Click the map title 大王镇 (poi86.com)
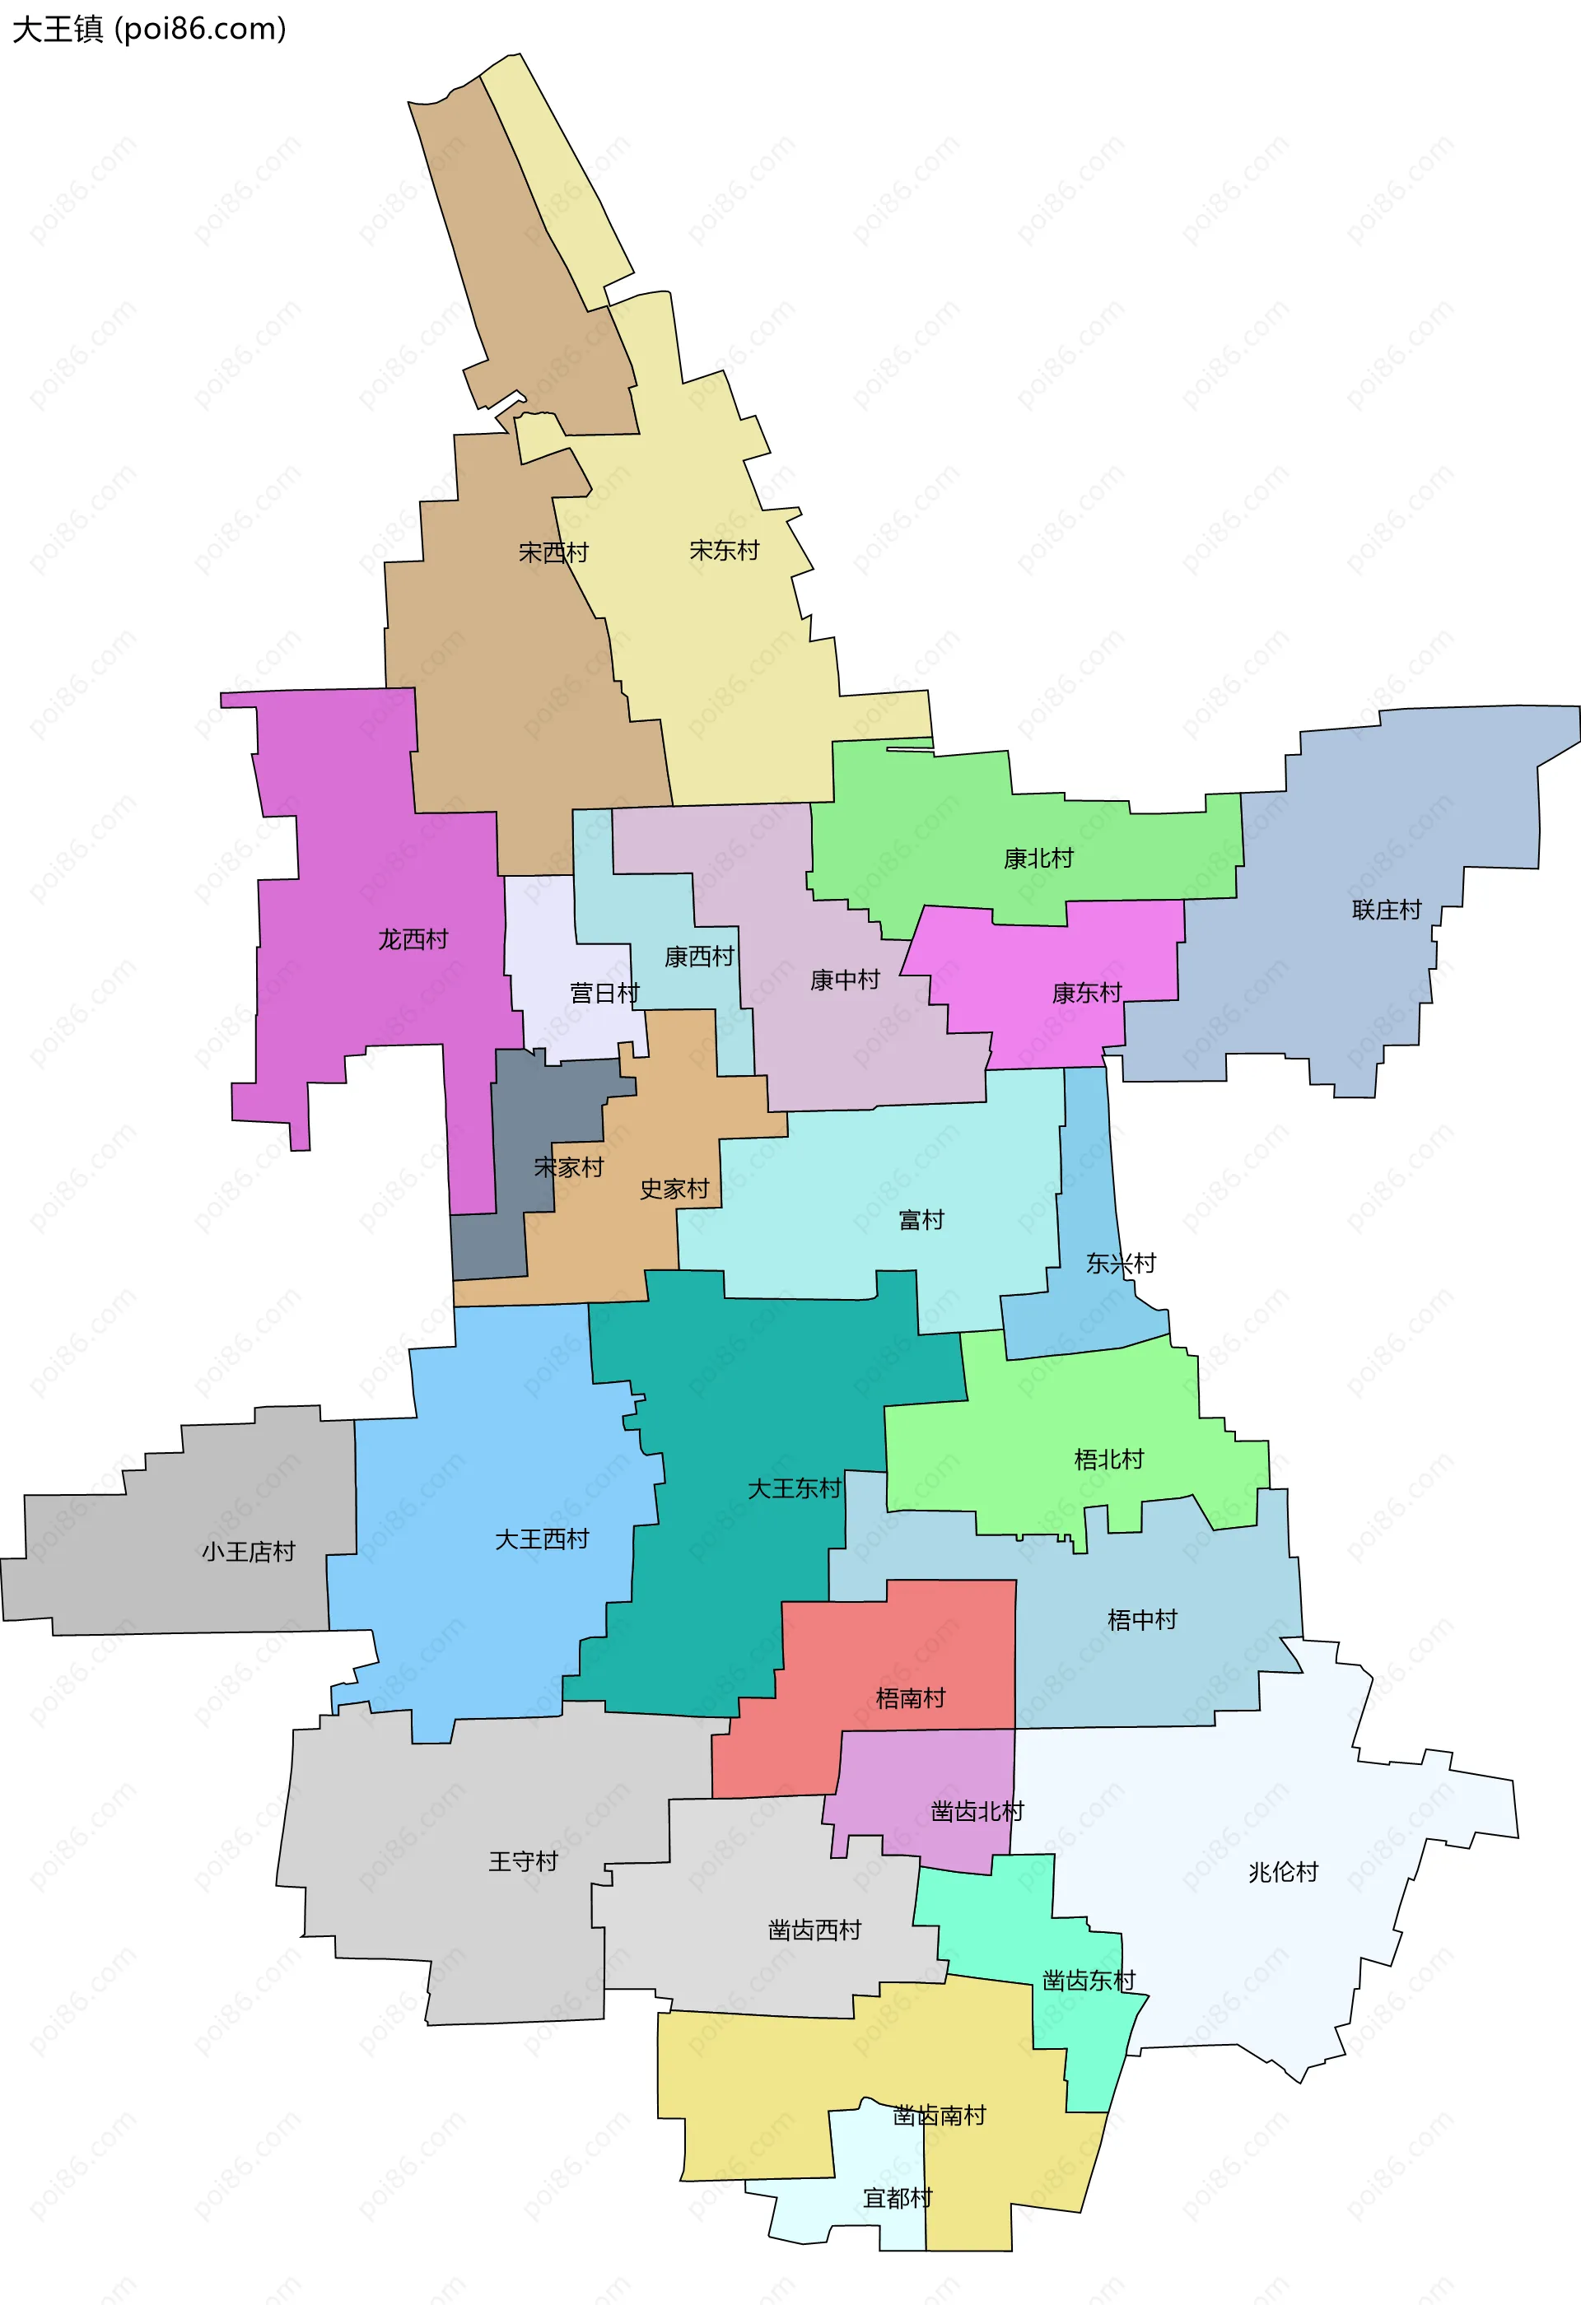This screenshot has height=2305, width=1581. point(149,29)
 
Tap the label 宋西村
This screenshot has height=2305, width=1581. point(553,552)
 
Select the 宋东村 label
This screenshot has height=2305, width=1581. point(724,551)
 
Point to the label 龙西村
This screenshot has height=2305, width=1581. point(413,939)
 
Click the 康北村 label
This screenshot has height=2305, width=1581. point(1038,859)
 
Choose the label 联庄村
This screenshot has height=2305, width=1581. point(1387,910)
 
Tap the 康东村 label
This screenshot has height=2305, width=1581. point(1086,994)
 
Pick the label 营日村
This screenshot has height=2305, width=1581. point(604,994)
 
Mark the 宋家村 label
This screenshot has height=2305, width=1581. point(568,1168)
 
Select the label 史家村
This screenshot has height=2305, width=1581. point(674,1190)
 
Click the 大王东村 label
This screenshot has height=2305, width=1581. point(794,1488)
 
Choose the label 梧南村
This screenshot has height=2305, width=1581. point(911,1699)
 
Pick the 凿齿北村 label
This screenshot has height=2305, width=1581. point(977,1812)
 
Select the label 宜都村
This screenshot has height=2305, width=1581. point(898,2199)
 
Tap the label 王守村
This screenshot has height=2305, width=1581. point(523,1861)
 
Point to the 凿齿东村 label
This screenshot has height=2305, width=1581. point(1088,1981)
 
